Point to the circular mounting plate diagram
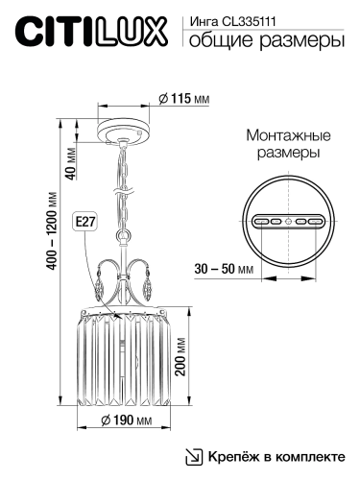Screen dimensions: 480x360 point(287,220)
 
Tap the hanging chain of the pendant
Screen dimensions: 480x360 point(125,187)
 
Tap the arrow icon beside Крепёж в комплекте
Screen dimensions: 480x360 point(192,456)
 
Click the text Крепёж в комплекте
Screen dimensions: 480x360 point(274,456)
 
